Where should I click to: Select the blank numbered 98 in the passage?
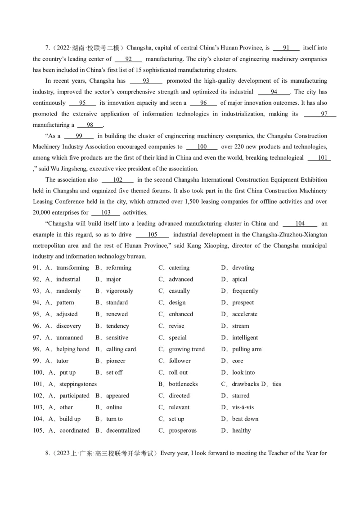point(90,125)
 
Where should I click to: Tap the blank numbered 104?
point(300,223)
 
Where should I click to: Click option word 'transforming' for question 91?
point(72,268)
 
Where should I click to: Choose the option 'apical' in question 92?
point(240,279)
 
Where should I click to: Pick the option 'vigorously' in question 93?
point(120,291)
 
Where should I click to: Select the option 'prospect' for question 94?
point(243,303)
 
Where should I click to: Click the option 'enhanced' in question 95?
point(181,314)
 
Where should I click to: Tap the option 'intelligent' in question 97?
point(245,338)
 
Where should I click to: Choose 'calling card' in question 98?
point(121,349)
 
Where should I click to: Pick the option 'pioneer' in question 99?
point(116,361)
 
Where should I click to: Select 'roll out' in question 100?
point(178,372)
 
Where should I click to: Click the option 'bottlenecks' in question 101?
point(183,384)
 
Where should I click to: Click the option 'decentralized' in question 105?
point(123,430)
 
